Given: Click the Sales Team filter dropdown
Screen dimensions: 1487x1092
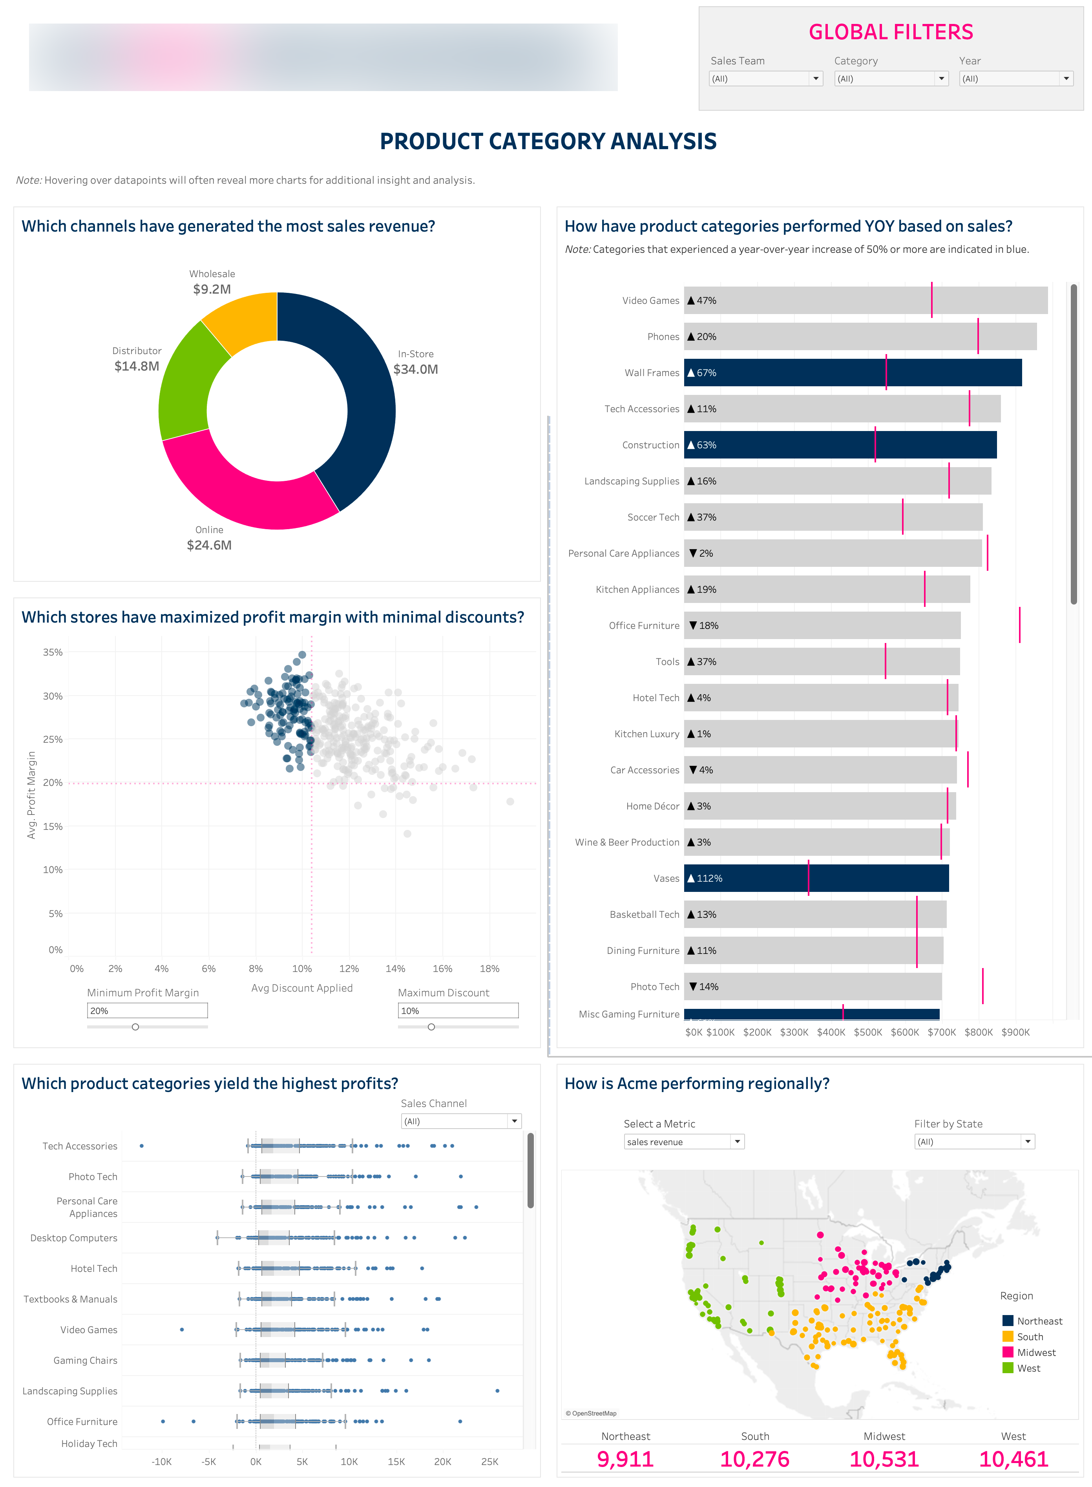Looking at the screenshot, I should tap(765, 79).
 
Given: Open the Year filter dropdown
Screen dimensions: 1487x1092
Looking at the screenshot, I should tap(1015, 79).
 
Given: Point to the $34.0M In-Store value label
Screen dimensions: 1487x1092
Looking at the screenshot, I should tap(415, 369).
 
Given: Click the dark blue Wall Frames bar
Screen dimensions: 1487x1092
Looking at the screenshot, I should tap(853, 373).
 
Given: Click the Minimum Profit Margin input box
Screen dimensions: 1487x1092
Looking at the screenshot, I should tap(147, 1010).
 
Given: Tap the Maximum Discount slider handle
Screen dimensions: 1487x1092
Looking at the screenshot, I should tap(431, 1027).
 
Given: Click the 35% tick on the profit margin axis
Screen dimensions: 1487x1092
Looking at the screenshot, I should tap(53, 652).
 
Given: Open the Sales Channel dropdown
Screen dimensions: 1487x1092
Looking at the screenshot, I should tap(461, 1122).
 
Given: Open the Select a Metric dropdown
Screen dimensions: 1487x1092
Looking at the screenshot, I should tap(683, 1142).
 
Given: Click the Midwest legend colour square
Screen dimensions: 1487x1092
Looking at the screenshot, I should tap(1007, 1352).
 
